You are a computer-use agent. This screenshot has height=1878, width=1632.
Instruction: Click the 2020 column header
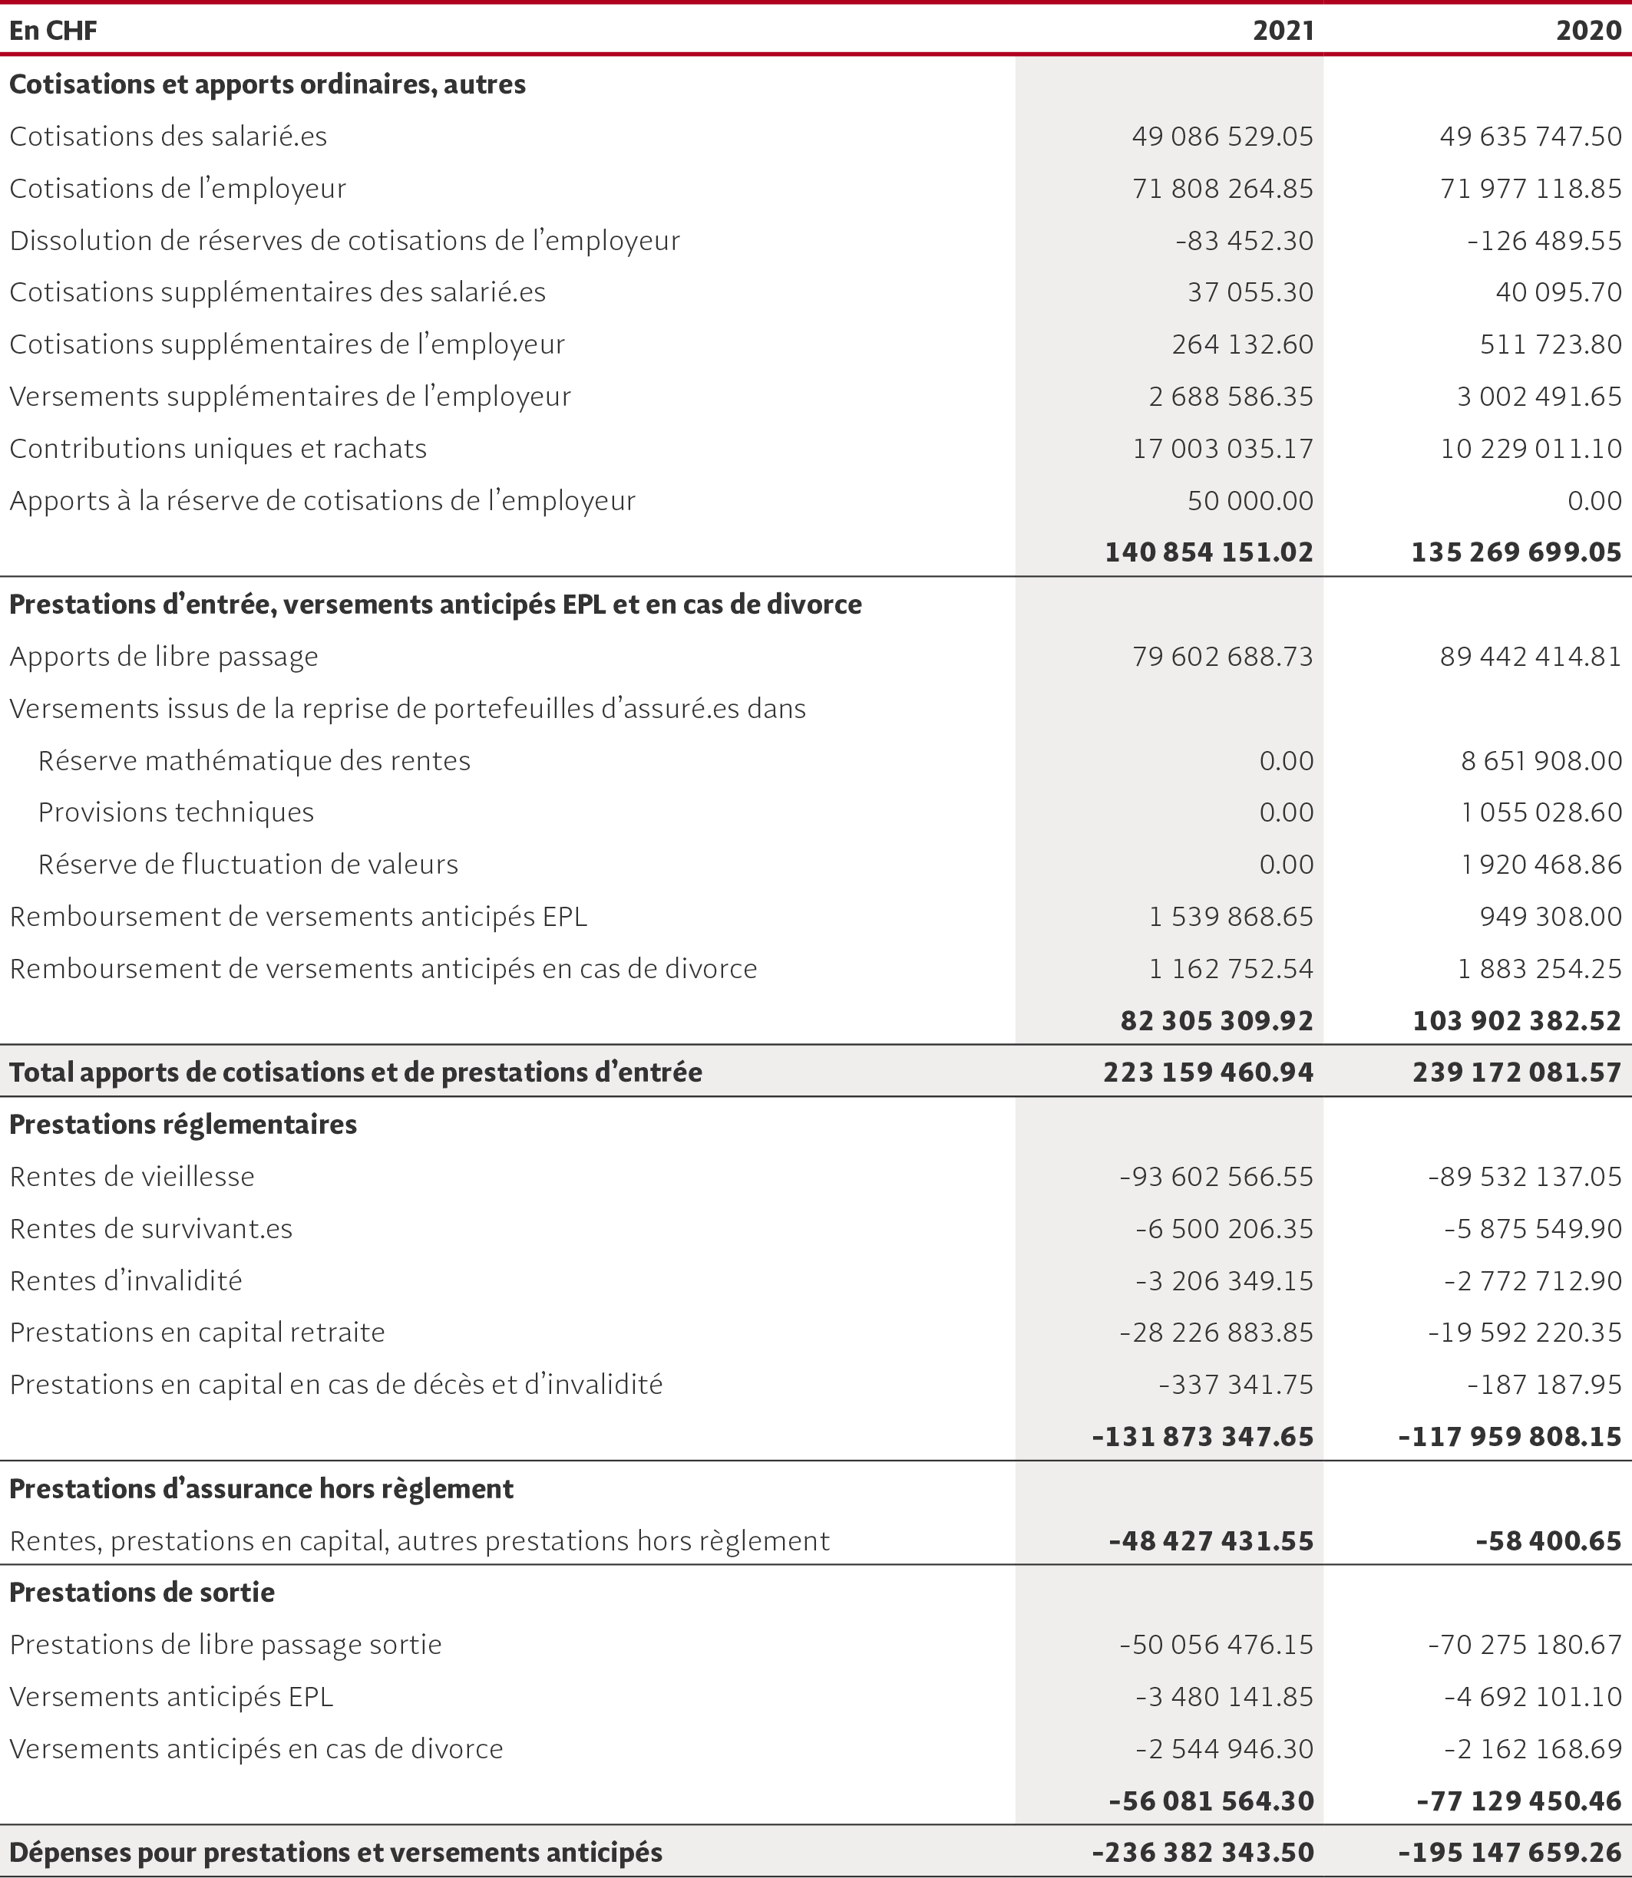click(x=1588, y=31)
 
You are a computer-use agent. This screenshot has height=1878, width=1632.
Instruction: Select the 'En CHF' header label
click(x=53, y=31)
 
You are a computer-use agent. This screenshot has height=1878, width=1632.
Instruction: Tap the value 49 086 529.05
click(x=1222, y=137)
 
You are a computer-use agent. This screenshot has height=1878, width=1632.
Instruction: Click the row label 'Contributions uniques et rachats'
click(x=218, y=449)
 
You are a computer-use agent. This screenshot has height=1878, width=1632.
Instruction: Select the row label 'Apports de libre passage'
click(x=164, y=657)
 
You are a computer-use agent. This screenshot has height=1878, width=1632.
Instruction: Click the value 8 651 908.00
click(x=1541, y=761)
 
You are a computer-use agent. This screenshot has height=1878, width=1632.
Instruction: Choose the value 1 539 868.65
click(x=1231, y=917)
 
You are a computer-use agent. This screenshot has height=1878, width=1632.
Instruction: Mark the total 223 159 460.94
click(x=1207, y=1072)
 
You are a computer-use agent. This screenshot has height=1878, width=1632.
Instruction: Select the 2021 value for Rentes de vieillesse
click(x=1216, y=1177)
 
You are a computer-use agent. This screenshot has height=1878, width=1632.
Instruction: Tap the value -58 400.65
click(x=1548, y=1541)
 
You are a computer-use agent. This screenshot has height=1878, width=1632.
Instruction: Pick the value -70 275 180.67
click(x=1525, y=1645)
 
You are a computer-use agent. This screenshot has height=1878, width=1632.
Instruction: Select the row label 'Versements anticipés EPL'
click(x=171, y=1697)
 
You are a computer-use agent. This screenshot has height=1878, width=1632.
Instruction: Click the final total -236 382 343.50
click(x=1204, y=1853)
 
